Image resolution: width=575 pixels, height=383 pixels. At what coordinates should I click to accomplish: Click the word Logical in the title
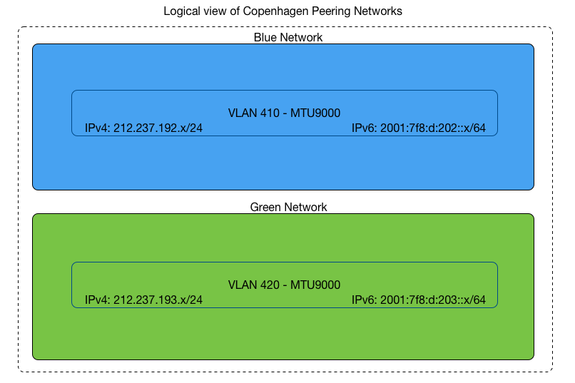[x=181, y=11]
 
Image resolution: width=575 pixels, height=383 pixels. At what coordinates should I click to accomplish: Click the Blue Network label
[x=288, y=37]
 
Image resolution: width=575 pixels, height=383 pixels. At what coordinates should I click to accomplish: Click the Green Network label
[x=288, y=207]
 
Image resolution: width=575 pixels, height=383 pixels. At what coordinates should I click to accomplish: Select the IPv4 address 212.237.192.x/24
[x=158, y=128]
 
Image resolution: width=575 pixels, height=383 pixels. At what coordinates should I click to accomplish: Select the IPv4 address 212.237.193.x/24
[x=158, y=300]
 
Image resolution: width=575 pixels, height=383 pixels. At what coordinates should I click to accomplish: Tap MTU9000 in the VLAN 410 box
[x=315, y=113]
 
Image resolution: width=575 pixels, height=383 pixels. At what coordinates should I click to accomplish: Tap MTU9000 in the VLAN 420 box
[x=315, y=285]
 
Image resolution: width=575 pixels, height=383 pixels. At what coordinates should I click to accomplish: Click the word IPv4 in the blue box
[x=96, y=128]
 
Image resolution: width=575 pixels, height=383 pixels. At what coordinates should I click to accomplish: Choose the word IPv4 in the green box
[x=96, y=300]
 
